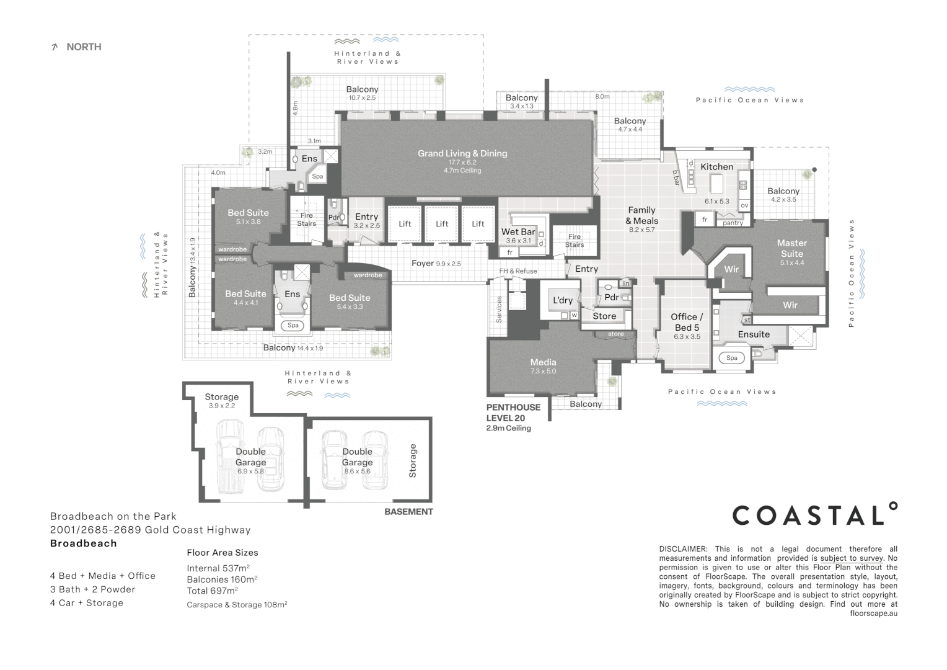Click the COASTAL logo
coord(814,514)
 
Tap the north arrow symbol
coord(54,47)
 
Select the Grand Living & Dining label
coord(462,154)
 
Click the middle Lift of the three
coord(442,224)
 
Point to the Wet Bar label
coord(518,231)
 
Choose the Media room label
coord(544,362)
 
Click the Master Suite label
coord(792,248)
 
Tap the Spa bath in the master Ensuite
coord(732,358)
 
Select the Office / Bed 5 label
coord(687,322)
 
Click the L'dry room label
coord(563,300)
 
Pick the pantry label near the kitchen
coord(733,223)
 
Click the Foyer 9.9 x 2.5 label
coord(436,264)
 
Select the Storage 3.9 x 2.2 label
coord(221,401)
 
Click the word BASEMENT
coord(408,512)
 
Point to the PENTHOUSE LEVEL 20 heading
coord(513,413)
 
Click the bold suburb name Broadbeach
coord(83,543)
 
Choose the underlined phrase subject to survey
coord(852,558)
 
